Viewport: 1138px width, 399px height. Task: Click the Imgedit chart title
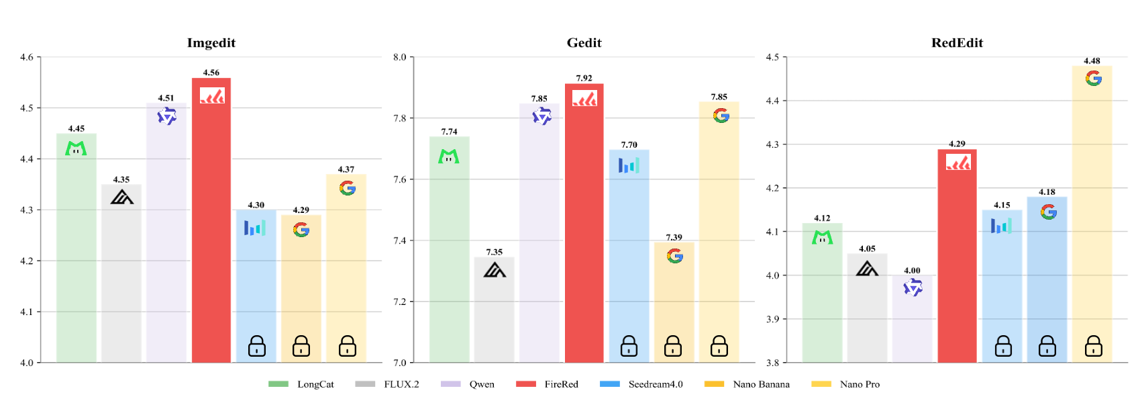pos(211,43)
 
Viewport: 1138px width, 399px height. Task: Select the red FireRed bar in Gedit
pos(584,228)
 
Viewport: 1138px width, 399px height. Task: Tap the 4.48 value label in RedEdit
pos(1092,61)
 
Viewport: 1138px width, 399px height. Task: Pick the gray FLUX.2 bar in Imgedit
pos(121,282)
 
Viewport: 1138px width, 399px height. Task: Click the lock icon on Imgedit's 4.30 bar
pos(256,346)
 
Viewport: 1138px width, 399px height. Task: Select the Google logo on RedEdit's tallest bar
pos(1093,79)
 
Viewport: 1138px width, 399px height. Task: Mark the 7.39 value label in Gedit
pos(674,238)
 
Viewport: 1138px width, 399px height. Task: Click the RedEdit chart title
pos(957,43)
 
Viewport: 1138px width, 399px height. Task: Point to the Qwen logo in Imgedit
pos(166,117)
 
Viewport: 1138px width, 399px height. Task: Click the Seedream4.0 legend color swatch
pos(610,384)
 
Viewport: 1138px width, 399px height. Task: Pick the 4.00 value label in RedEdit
pos(912,271)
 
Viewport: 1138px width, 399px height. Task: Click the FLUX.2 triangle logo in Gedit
pos(495,270)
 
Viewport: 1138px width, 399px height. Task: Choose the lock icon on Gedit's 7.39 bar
pos(673,346)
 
